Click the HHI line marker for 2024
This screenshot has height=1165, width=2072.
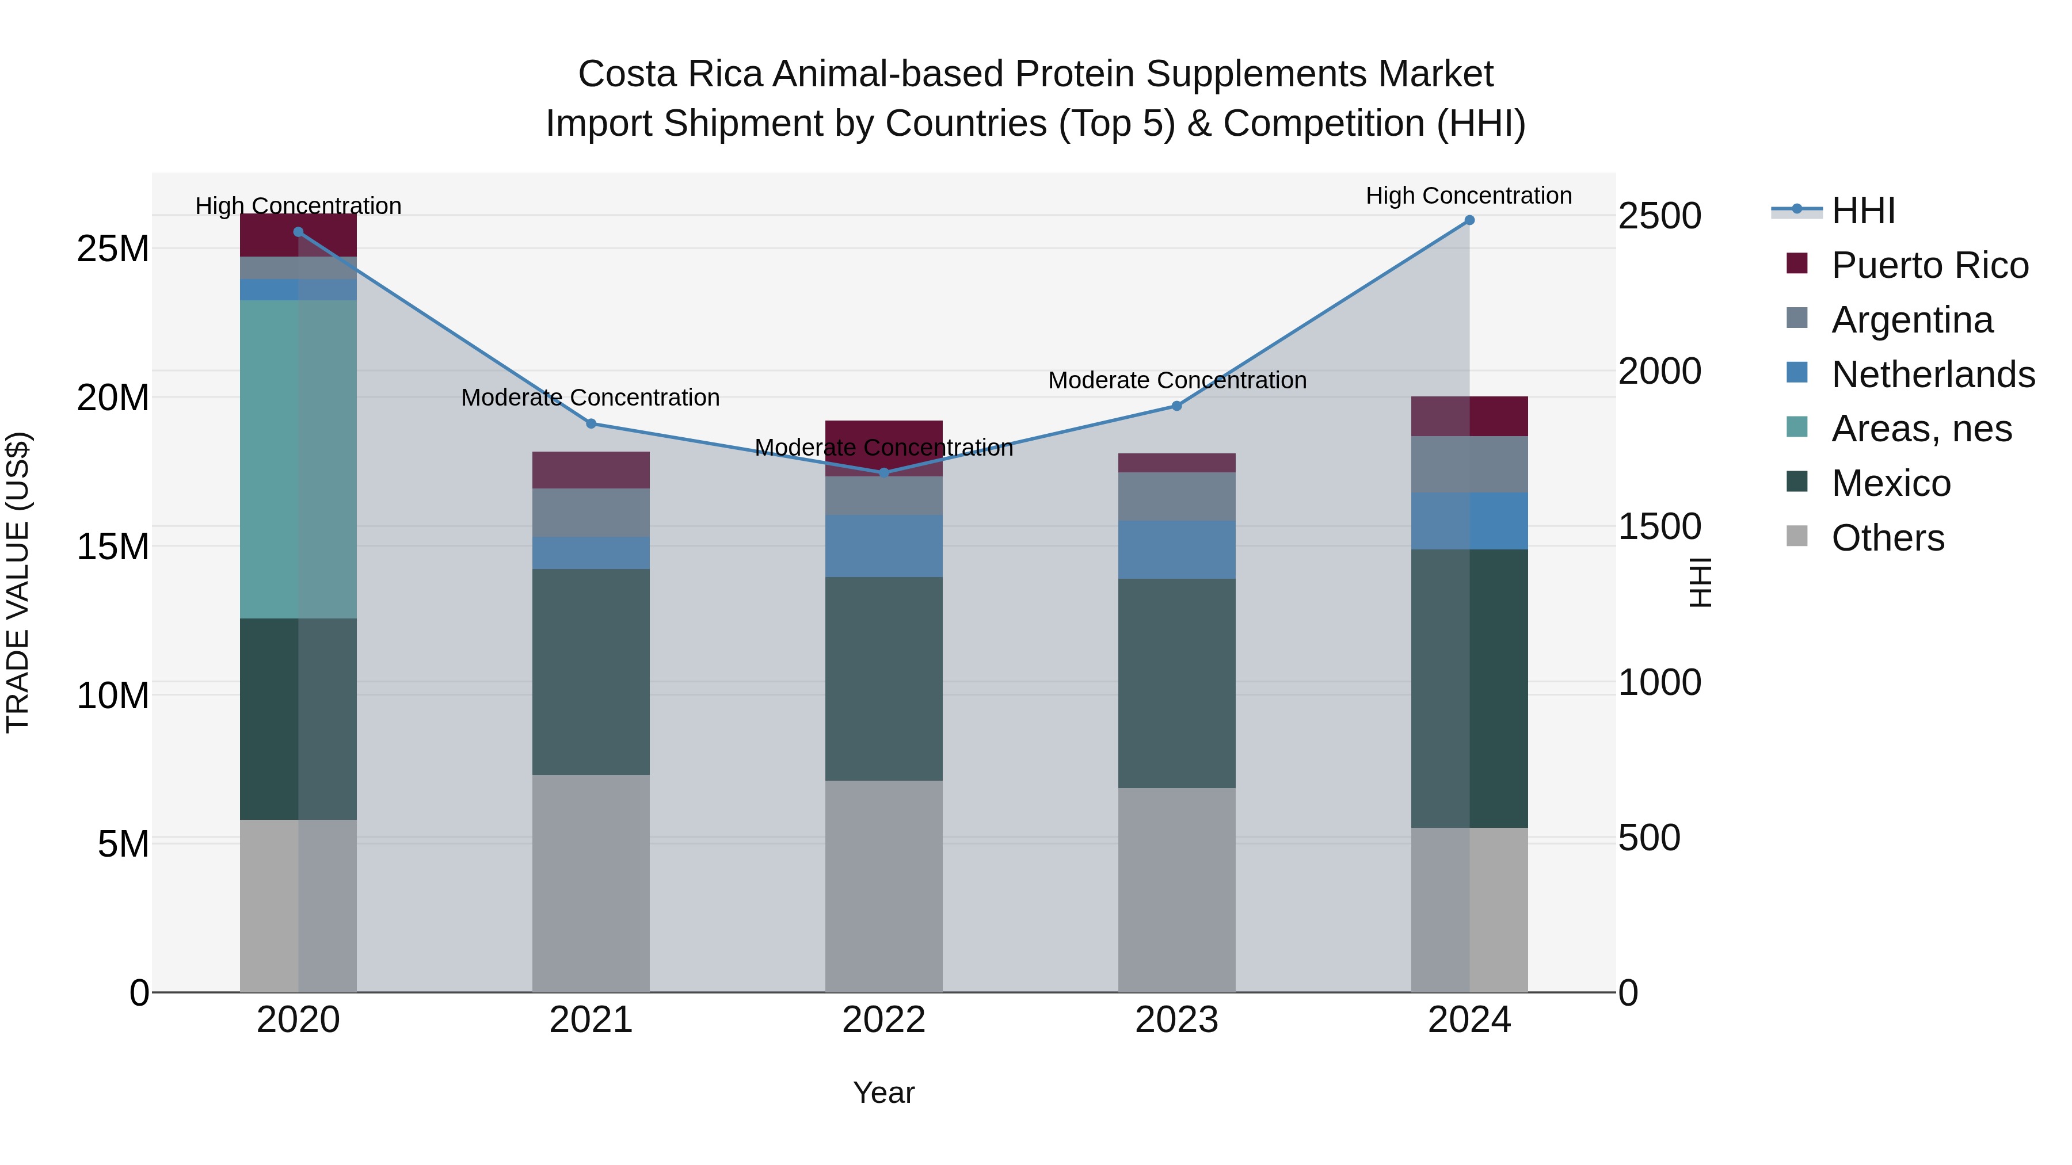1469,220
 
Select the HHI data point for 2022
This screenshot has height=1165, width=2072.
884,473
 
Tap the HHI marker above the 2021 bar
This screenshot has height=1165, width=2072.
591,423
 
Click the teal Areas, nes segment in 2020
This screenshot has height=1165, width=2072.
298,459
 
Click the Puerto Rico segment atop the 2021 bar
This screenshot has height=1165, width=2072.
591,471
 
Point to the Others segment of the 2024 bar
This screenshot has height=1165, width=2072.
1469,908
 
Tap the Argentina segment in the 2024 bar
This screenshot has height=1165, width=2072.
1469,465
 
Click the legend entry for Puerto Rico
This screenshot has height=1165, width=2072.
1929,265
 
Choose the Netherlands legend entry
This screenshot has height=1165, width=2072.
1932,375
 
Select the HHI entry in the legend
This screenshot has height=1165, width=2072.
1863,211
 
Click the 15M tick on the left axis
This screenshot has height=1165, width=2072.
113,547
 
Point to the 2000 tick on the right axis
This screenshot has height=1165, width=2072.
1659,372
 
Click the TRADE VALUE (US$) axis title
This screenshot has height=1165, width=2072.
18,582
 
